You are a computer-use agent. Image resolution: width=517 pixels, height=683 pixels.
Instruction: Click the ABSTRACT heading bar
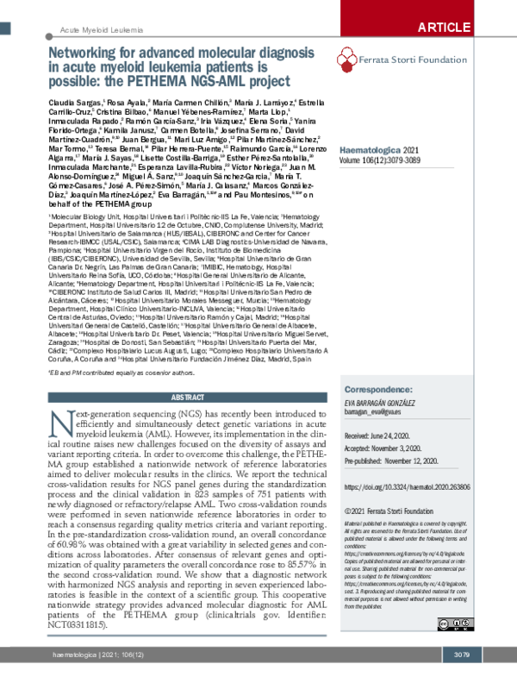(x=187, y=398)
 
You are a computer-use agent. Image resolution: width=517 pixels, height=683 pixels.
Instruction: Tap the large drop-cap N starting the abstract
(x=60, y=423)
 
